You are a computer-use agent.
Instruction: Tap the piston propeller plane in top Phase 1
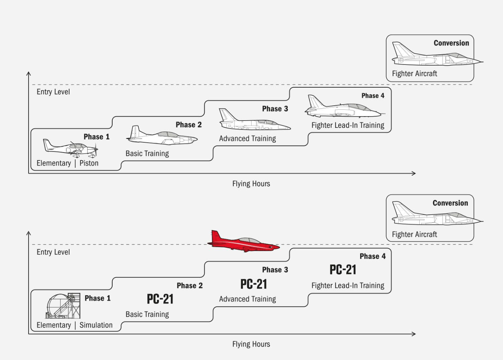pos(71,147)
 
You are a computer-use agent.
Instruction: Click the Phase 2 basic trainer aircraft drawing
pos(161,136)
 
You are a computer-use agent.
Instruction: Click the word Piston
pos(89,163)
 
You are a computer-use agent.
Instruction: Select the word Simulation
pos(96,325)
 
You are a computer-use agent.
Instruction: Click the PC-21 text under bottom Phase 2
pos(160,299)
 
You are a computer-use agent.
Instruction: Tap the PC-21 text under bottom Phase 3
pos(254,284)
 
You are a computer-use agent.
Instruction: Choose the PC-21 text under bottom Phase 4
pos(343,270)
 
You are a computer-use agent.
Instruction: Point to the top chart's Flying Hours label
pos(251,184)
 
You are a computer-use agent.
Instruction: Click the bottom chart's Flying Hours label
pos(251,344)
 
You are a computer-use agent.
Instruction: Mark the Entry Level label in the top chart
pos(53,92)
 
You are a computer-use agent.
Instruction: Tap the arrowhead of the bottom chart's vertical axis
pos(29,234)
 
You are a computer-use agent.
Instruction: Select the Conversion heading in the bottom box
pos(450,203)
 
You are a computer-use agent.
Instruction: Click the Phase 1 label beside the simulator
pos(97,298)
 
